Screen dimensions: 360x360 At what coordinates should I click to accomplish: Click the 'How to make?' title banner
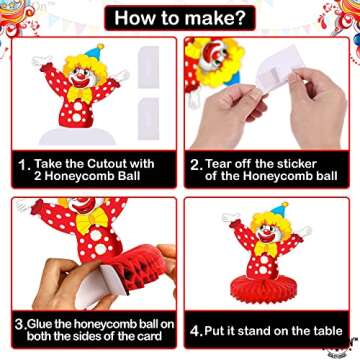tap(180, 17)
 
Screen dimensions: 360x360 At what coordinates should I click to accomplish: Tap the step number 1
tap(21, 166)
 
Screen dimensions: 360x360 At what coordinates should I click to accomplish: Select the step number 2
tap(195, 165)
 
